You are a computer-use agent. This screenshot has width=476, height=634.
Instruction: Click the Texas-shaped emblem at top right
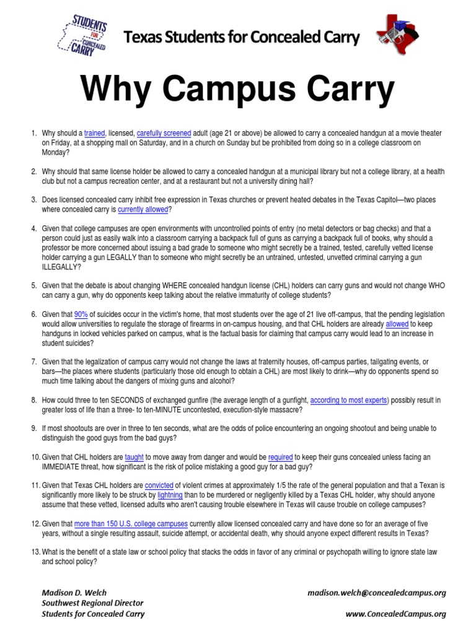tap(397, 37)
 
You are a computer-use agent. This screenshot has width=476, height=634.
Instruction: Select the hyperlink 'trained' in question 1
tap(95, 133)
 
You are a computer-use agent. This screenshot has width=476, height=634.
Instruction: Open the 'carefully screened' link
tap(164, 133)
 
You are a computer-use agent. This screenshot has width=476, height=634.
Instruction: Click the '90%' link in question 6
tap(82, 315)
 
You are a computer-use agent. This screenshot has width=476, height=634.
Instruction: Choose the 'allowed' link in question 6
tap(397, 324)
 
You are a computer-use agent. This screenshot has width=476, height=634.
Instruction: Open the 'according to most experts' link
tap(349, 401)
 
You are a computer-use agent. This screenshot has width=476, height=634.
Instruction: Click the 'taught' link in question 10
tap(134, 458)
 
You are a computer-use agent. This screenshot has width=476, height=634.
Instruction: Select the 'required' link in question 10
tap(280, 458)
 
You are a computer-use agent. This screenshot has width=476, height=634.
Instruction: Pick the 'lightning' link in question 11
tap(170, 495)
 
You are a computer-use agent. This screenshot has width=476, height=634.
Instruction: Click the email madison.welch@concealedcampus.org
tap(376, 593)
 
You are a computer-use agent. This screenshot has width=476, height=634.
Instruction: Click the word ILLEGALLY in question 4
tap(61, 267)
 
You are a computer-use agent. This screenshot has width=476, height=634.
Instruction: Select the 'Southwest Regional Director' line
tap(92, 603)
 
